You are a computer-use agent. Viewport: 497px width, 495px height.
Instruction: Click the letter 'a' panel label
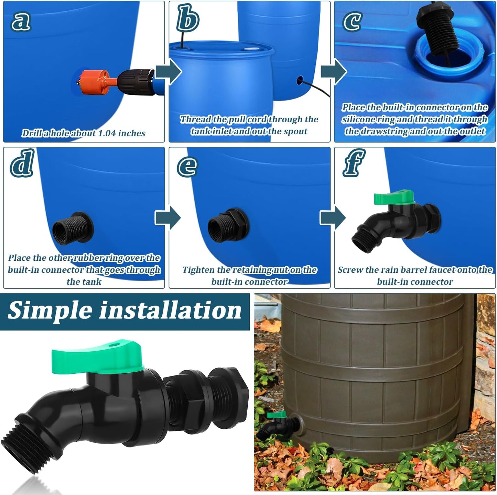click(x=21, y=21)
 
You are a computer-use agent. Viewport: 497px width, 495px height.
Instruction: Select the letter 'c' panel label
click(x=352, y=21)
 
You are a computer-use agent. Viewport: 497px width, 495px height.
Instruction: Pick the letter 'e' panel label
click(x=187, y=166)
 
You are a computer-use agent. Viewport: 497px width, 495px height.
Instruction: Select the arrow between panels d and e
click(x=168, y=218)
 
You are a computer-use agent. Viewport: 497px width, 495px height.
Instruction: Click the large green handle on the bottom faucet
click(x=98, y=357)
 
